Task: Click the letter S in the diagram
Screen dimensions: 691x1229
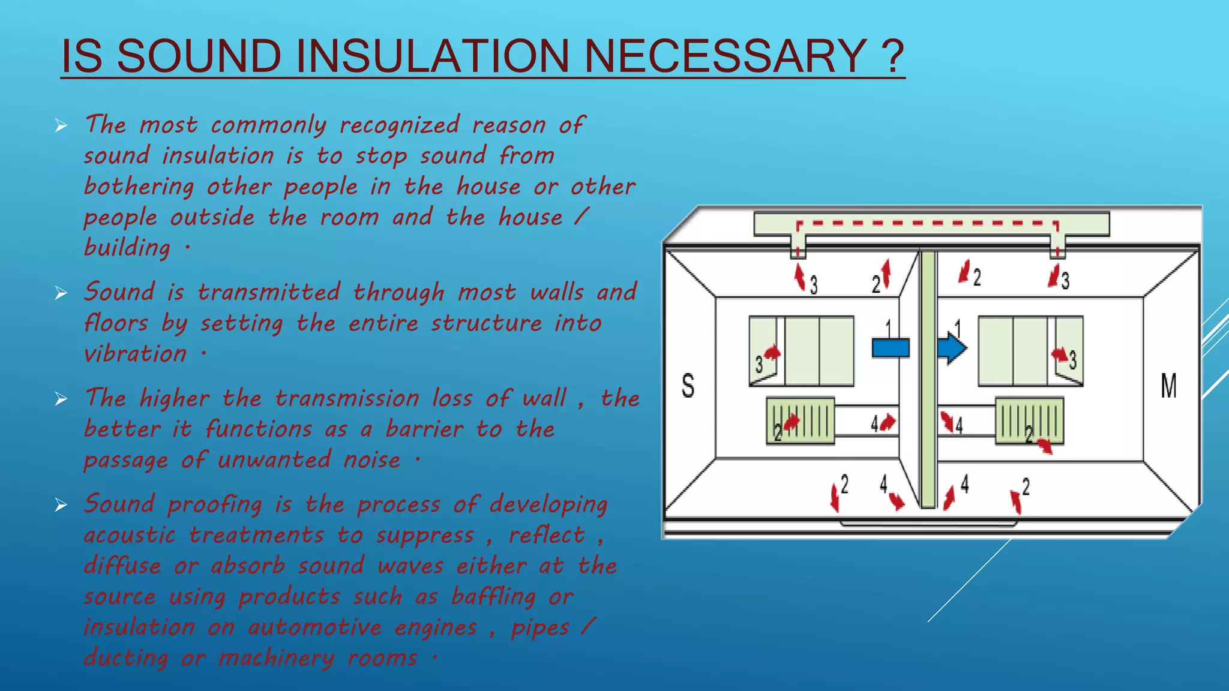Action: coord(688,385)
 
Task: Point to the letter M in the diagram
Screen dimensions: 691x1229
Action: coord(1168,385)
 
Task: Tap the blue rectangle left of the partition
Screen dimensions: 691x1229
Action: coord(890,348)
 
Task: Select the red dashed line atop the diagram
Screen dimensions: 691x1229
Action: coord(927,224)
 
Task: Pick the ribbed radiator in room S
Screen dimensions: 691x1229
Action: coord(801,420)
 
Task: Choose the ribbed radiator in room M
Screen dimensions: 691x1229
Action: coord(1029,420)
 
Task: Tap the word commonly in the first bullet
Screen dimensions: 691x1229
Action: coord(269,125)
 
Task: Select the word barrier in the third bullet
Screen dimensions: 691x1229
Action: coord(424,429)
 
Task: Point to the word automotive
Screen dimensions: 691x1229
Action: coord(315,627)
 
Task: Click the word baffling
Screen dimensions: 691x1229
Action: coord(493,597)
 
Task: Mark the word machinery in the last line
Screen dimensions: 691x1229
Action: coord(276,658)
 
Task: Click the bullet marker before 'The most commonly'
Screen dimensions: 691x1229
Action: coord(61,126)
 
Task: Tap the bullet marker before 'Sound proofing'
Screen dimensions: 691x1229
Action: coord(61,505)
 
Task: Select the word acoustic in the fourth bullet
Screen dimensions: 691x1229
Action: coord(130,535)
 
